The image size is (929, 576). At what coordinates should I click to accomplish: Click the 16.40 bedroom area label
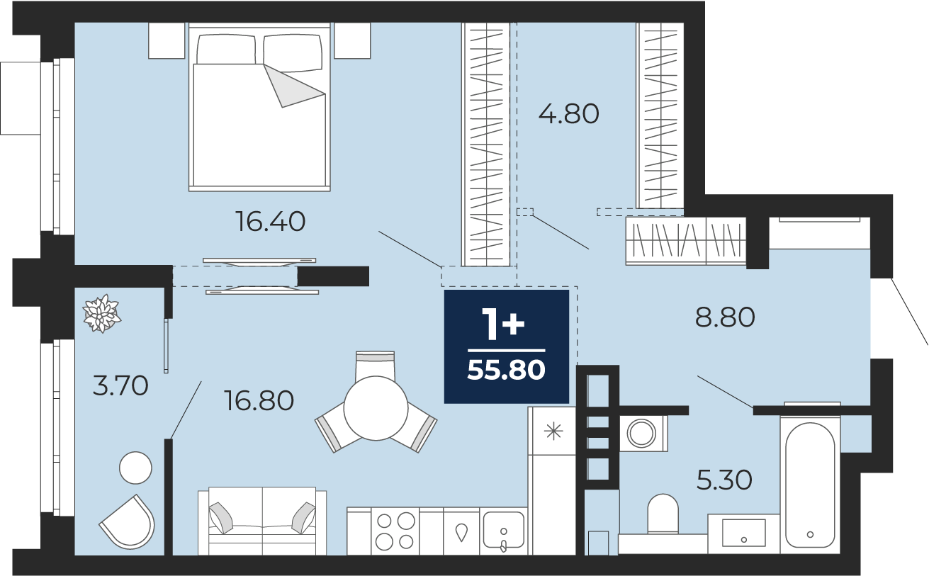[271, 222]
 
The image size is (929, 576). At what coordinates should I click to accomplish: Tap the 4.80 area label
[568, 114]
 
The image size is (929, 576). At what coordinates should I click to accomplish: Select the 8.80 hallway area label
[725, 317]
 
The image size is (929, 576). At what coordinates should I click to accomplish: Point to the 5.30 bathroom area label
[724, 480]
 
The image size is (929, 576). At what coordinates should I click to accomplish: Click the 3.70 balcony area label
[120, 385]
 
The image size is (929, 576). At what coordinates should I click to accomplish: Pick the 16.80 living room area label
[259, 400]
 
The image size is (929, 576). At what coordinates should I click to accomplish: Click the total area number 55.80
[506, 370]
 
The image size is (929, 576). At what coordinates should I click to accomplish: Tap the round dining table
[376, 408]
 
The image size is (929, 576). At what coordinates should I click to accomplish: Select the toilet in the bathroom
[663, 514]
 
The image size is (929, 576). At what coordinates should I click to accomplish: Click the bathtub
[810, 485]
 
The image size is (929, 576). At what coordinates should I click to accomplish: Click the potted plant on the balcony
[101, 313]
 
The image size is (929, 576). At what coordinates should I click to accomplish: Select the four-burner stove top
[395, 531]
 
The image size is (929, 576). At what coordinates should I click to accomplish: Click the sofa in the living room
[262, 521]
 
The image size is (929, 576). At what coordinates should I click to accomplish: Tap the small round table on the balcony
[135, 468]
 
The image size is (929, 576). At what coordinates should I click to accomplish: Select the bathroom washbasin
[743, 533]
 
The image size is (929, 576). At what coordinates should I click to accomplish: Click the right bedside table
[352, 40]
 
